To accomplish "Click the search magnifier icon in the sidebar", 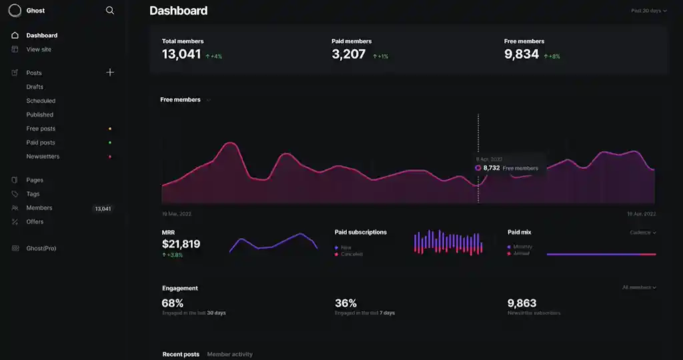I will click(110, 11).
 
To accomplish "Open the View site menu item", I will click(39, 49).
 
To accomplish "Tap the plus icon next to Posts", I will click(110, 73).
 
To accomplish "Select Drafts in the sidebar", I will click(35, 87).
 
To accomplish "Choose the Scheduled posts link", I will click(41, 101).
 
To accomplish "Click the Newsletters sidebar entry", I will click(43, 157).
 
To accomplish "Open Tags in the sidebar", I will click(33, 194).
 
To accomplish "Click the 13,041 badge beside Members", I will click(103, 209).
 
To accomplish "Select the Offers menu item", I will click(35, 222).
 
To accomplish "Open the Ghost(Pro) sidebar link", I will click(41, 248).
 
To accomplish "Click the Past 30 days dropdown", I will click(648, 11).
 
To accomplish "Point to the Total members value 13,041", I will click(181, 55).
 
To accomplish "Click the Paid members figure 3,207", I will click(349, 55).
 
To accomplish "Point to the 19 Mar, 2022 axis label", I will click(176, 214).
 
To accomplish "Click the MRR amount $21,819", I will click(181, 244).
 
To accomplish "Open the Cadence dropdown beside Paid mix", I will click(643, 233).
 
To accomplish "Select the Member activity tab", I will click(229, 354).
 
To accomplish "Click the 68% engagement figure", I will click(173, 303).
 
